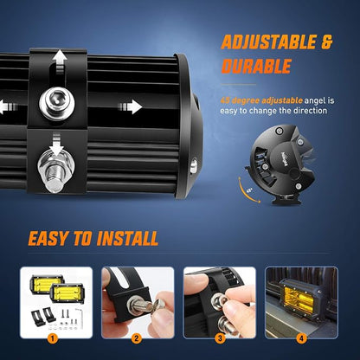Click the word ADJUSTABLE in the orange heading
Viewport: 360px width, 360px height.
pyautogui.click(x=269, y=42)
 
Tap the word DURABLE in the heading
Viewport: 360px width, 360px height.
pyautogui.click(x=256, y=67)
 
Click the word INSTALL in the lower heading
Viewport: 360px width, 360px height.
pyautogui.click(x=127, y=239)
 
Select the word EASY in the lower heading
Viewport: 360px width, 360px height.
pyautogui.click(x=48, y=239)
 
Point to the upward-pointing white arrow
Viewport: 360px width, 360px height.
pyautogui.click(x=60, y=61)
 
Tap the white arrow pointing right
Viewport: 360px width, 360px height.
pyautogui.click(x=130, y=106)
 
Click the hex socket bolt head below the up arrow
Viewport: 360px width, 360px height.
pyautogui.click(x=57, y=102)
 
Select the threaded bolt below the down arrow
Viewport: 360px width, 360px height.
pyautogui.click(x=56, y=172)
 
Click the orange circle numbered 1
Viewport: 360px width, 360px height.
pyautogui.click(x=52, y=338)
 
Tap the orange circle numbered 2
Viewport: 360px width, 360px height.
pyautogui.click(x=136, y=338)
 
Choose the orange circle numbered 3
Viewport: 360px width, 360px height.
pyautogui.click(x=220, y=338)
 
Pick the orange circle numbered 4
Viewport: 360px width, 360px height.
pyautogui.click(x=301, y=338)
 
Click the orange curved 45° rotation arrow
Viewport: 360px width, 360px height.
pyautogui.click(x=245, y=193)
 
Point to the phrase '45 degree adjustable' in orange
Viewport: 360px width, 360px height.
pyautogui.click(x=261, y=100)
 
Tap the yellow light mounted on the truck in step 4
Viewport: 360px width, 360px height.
pyautogui.click(x=299, y=300)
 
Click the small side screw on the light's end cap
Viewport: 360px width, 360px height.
pyautogui.click(x=194, y=166)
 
